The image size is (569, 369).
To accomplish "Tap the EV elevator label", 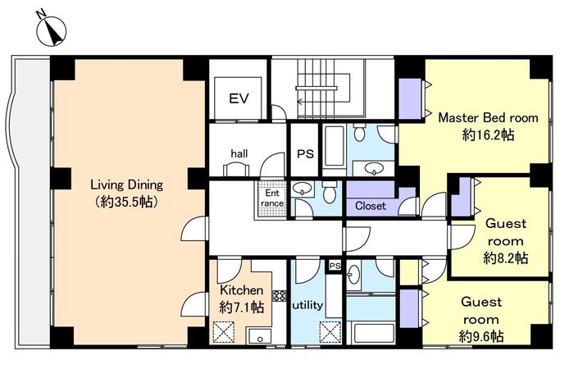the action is pyautogui.click(x=239, y=98).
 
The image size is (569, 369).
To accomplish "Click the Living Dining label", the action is pyautogui.click(x=126, y=185).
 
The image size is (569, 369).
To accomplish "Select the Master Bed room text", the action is pyautogui.click(x=488, y=117).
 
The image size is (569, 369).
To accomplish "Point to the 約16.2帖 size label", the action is pyautogui.click(x=488, y=135).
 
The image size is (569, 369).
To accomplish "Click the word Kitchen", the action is pyautogui.click(x=242, y=290).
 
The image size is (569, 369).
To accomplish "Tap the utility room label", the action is pyautogui.click(x=307, y=305).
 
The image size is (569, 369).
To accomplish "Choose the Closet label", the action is pyautogui.click(x=371, y=206).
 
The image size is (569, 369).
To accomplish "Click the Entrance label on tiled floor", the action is pyautogui.click(x=272, y=198).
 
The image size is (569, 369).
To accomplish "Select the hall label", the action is pyautogui.click(x=239, y=153).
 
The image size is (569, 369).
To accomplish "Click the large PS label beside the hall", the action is pyautogui.click(x=305, y=154).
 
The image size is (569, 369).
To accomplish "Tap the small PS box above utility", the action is pyautogui.click(x=335, y=266).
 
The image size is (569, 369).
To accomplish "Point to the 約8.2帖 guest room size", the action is pyautogui.click(x=506, y=258).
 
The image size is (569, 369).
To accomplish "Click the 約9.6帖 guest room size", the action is pyautogui.click(x=480, y=336).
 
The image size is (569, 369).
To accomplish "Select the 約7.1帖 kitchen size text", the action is pyautogui.click(x=241, y=307).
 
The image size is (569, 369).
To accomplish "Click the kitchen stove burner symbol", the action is pyautogui.click(x=280, y=296).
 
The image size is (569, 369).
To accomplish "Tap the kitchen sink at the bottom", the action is pyautogui.click(x=259, y=336).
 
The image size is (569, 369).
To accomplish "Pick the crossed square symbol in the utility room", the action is pyautogui.click(x=330, y=332).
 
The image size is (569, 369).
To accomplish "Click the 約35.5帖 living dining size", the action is pyautogui.click(x=126, y=202).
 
